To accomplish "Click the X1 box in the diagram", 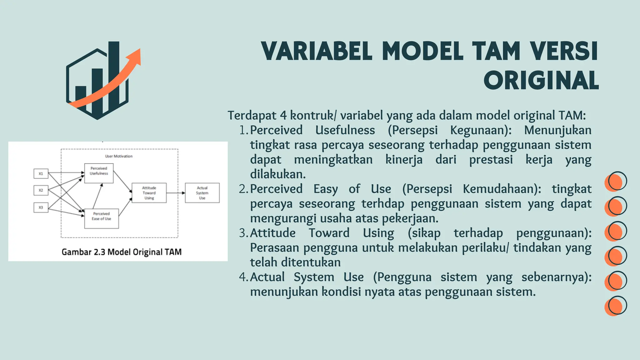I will click(x=41, y=173).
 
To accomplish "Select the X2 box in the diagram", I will click(x=41, y=190).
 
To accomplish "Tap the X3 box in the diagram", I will click(x=41, y=207).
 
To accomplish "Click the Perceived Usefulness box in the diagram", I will click(x=99, y=173).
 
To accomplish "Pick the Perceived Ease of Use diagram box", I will click(x=102, y=218).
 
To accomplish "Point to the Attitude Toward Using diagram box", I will click(x=149, y=193).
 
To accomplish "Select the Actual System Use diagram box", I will click(x=202, y=193).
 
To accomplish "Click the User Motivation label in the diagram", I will click(x=119, y=156).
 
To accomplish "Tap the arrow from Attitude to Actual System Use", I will click(x=176, y=193).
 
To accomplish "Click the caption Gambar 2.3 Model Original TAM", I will click(x=122, y=252).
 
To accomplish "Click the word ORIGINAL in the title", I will click(x=541, y=81).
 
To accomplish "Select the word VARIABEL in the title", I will click(x=317, y=51).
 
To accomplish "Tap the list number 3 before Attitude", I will click(x=243, y=233).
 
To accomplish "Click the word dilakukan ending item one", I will click(x=278, y=174).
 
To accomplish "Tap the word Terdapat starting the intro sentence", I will click(x=252, y=115).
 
